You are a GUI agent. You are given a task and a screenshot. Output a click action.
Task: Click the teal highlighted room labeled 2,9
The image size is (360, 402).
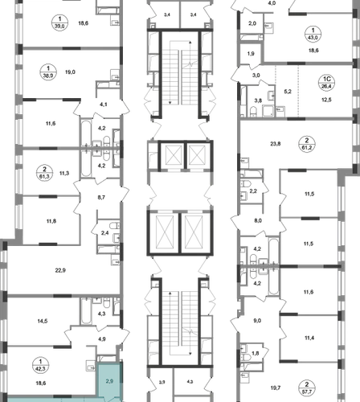coord(109,381)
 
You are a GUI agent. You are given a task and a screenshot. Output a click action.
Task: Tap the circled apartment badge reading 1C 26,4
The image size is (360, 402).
coord(327,82)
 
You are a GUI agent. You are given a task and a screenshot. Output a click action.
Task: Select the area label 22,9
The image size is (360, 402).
coord(60,270)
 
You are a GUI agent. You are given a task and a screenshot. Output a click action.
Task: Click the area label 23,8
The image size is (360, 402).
coord(276,144)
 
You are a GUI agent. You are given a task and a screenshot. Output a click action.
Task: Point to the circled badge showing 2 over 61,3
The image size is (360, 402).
coord(44,173)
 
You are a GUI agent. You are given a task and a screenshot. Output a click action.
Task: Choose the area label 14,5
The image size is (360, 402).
coord(43,321)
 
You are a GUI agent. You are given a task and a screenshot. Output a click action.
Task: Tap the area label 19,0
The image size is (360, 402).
coord(70,72)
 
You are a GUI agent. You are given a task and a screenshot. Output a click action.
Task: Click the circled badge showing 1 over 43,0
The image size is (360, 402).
coord(313,34)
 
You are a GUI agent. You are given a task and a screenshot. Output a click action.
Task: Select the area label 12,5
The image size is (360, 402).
coord(326,100)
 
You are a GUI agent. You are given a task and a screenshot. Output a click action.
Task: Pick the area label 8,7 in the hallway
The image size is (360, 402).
coord(101,198)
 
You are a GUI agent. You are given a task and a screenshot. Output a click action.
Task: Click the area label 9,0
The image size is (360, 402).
coord(257,321)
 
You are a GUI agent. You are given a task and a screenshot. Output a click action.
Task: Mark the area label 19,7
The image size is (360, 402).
coord(276,388)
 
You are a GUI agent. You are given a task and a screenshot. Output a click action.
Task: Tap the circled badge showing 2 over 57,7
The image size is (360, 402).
coord(307,388)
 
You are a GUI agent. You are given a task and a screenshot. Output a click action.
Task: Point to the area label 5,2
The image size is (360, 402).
coord(288,92)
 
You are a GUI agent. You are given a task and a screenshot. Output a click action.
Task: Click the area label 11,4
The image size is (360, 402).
coord(309,338)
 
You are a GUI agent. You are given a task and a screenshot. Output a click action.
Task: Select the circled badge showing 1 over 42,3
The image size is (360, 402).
coord(40,365)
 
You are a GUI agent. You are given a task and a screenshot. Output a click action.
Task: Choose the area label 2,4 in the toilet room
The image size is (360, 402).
coord(104,233)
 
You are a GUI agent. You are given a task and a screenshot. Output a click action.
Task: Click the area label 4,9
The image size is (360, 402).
coord(102,339)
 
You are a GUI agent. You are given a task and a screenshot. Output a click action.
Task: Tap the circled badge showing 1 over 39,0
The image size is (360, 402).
coord(59,23)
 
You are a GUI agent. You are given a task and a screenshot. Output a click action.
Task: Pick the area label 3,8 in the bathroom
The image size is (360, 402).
coord(258,100)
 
